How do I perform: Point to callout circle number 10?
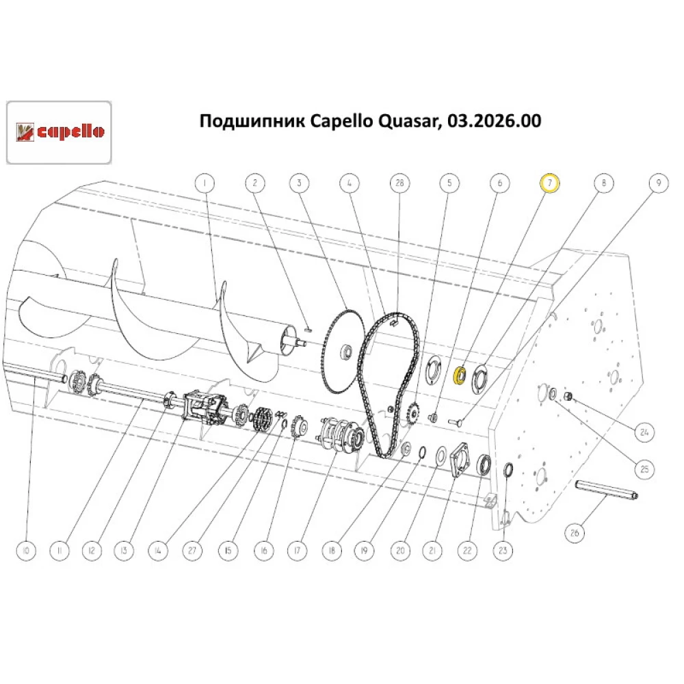pyautogui.click(x=25, y=550)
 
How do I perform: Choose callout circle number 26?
pyautogui.click(x=575, y=531)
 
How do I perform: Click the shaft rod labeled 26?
pyautogui.click(x=607, y=491)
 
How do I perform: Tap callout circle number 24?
pyautogui.click(x=644, y=432)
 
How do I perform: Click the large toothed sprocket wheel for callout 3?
pyautogui.click(x=341, y=352)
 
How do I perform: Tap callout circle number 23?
pyautogui.click(x=505, y=550)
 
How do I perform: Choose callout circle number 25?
pyautogui.click(x=644, y=469)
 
